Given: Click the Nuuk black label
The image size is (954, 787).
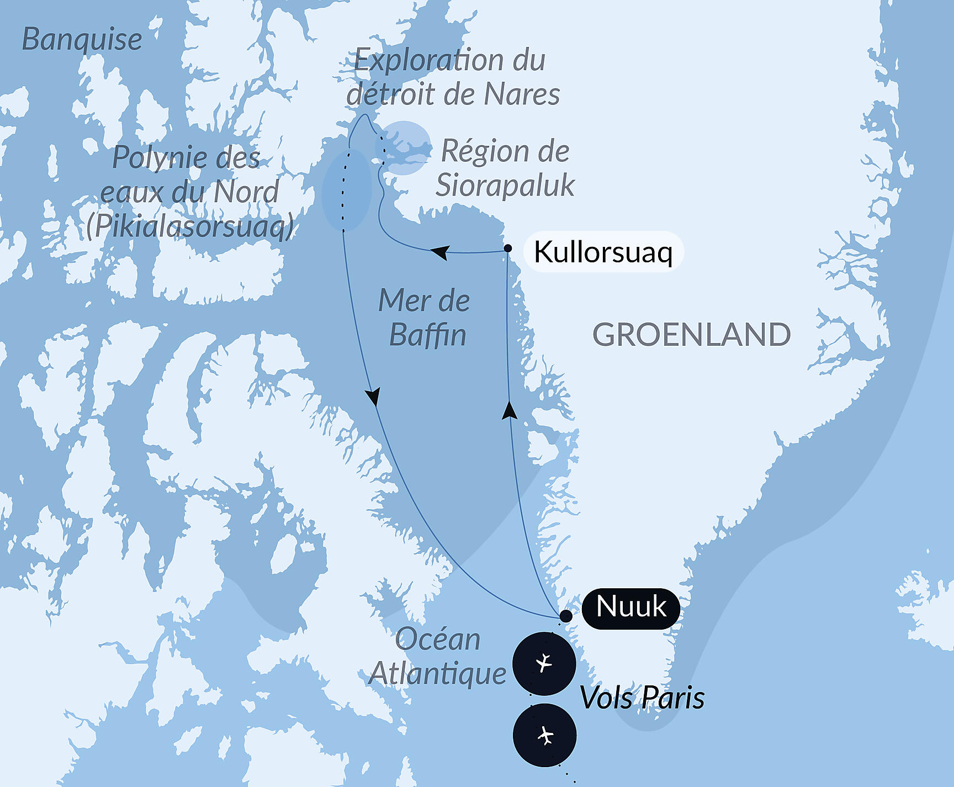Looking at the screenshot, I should coord(631,607).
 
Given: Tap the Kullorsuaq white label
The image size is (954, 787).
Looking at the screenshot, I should coord(603,252).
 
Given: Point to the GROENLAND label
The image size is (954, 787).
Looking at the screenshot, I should coord(691,335).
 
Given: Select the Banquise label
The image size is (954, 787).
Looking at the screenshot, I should coord(82,40).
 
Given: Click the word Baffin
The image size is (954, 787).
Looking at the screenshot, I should coord(428,335).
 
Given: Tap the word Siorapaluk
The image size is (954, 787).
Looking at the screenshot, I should coord(505,185).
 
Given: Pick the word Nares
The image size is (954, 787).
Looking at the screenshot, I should coord(522,94).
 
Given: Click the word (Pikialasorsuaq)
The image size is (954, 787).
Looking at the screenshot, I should coord(190,226).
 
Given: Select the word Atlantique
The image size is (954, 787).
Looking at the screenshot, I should coord(437,674).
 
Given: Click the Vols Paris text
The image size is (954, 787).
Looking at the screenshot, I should coord(642,698).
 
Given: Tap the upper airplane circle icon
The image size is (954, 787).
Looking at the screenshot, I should coord(544,663).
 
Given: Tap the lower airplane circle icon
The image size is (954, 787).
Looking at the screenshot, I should coord(545,735).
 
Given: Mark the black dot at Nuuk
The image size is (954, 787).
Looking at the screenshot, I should coord(566,616).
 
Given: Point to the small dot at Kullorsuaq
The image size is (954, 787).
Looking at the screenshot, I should coord(508,249).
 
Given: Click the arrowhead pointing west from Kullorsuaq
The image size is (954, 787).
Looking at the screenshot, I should coord(439,252).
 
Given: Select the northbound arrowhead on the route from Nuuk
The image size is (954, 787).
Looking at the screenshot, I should coord(510,410).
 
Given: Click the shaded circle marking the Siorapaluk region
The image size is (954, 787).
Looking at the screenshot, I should coord(404,148).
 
